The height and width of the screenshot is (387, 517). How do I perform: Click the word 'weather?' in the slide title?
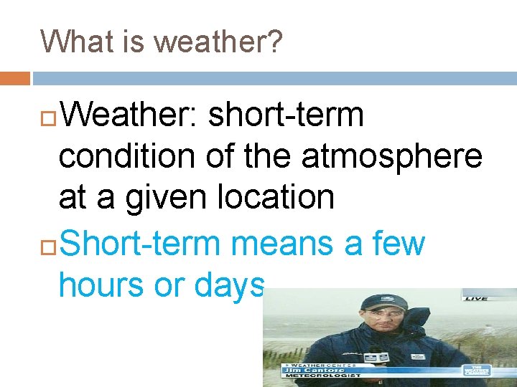218,42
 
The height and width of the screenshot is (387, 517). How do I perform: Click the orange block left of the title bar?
14,77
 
